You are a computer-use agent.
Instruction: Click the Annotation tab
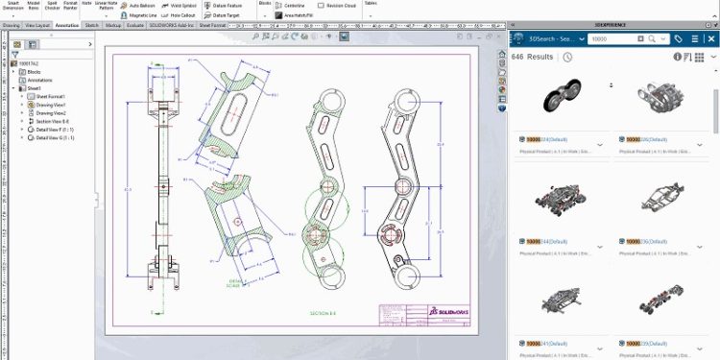tap(67, 25)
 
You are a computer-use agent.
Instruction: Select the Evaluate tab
tap(135, 25)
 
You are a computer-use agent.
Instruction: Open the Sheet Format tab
tap(211, 25)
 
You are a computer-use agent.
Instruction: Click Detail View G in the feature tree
tap(57, 138)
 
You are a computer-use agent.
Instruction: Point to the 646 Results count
tap(532, 57)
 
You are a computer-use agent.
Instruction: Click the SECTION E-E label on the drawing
tap(324, 313)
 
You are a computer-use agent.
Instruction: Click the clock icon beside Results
tap(567, 57)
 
